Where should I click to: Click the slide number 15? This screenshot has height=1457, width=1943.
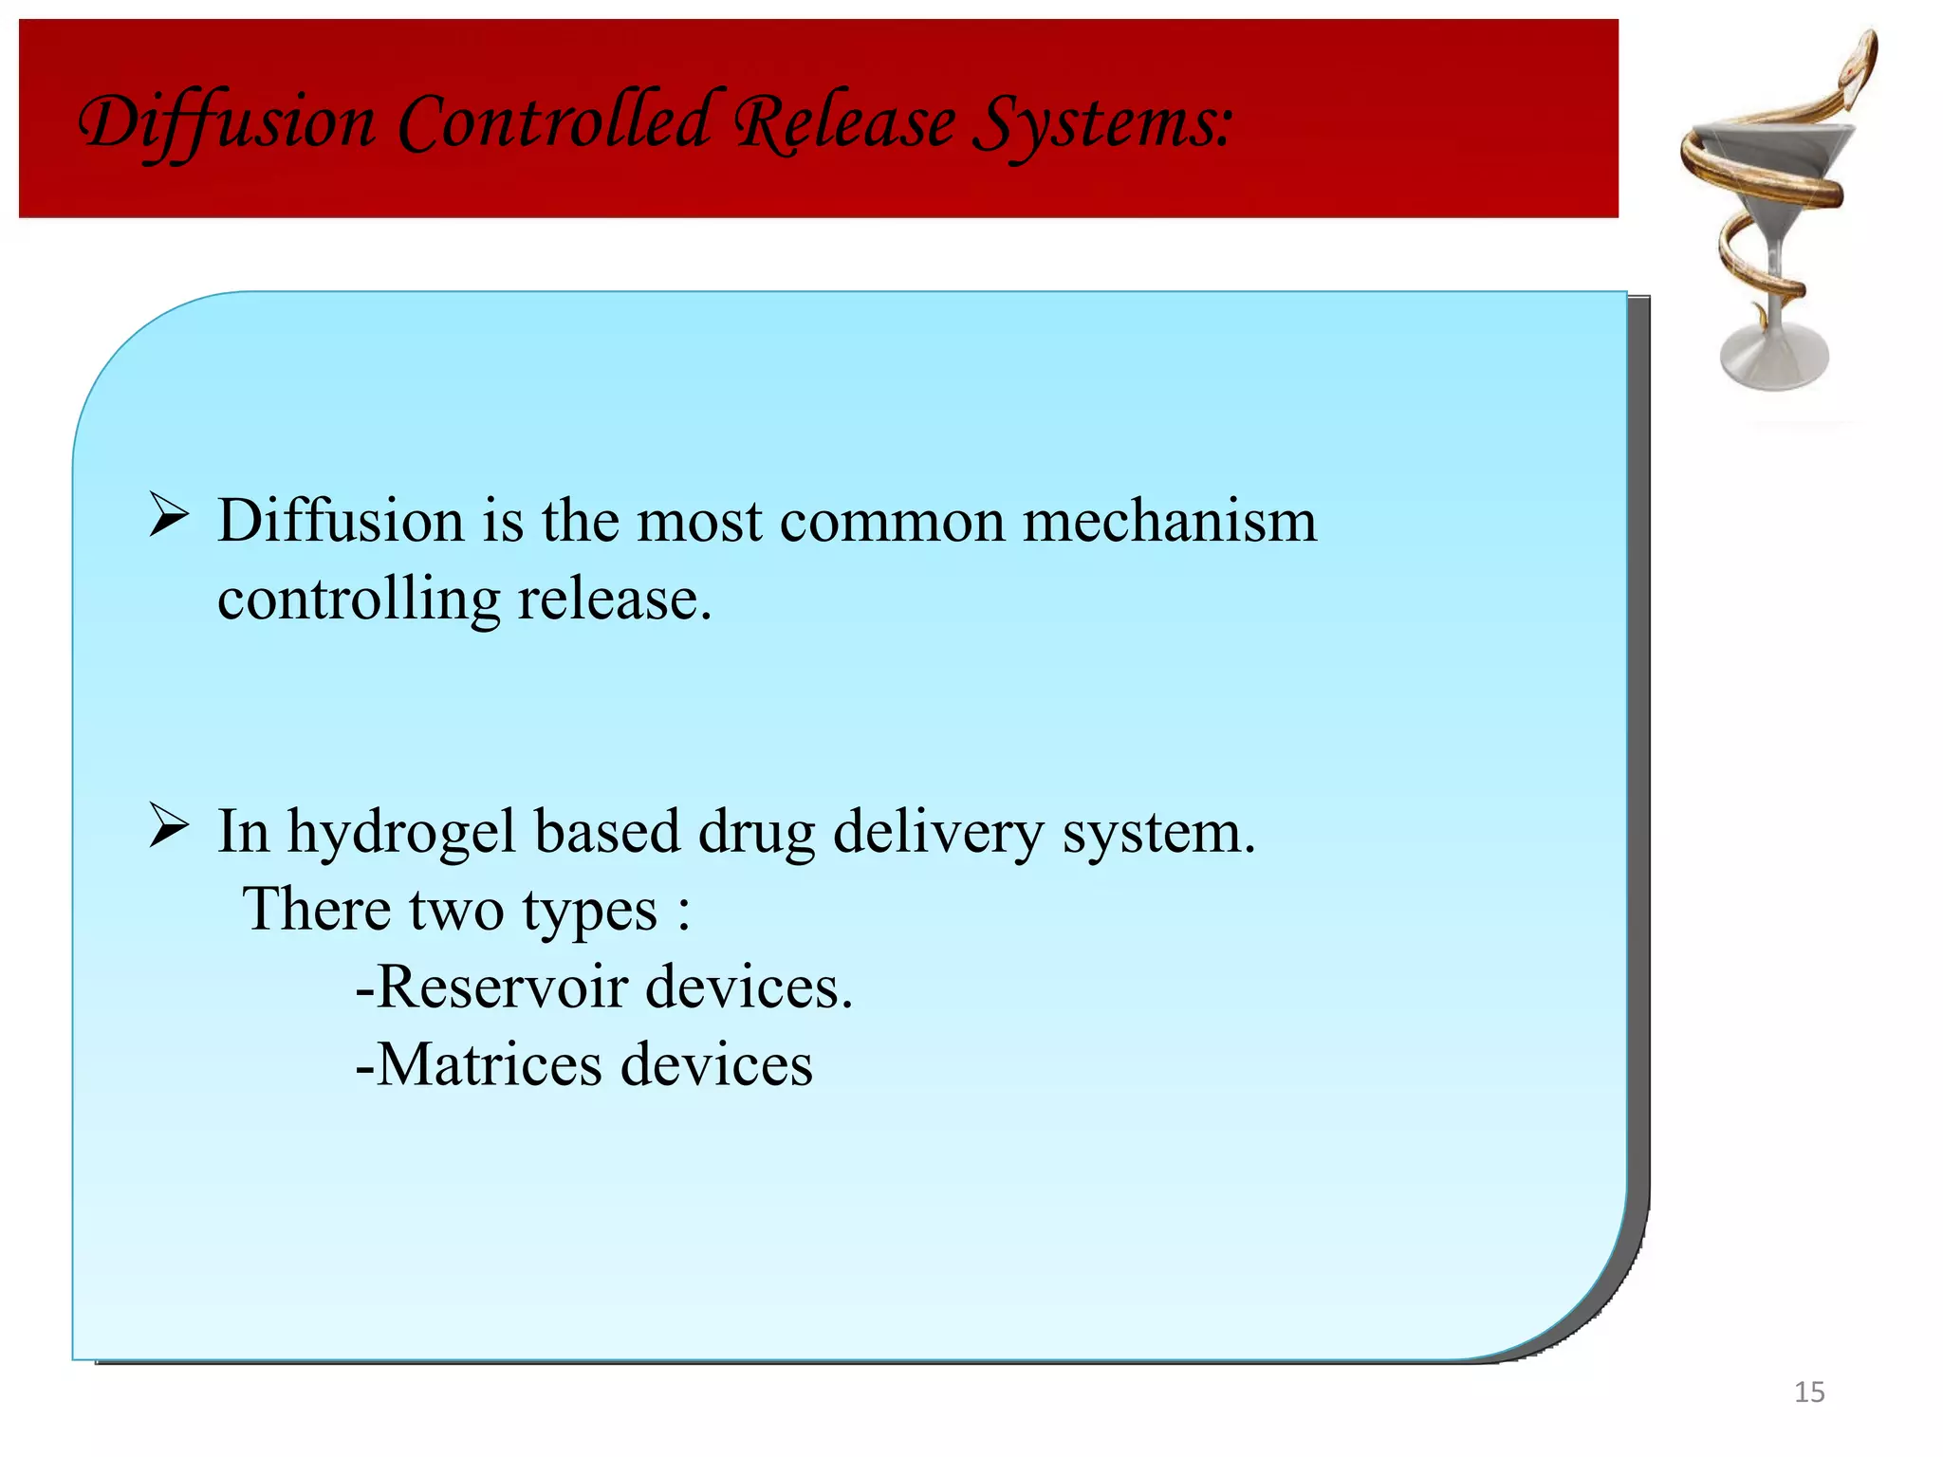[1809, 1392]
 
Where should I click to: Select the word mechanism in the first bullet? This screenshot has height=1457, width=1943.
[1169, 522]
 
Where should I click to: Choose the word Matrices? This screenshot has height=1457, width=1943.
[490, 1065]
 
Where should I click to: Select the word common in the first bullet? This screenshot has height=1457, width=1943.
[892, 522]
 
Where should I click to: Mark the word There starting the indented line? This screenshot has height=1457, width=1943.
[317, 910]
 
